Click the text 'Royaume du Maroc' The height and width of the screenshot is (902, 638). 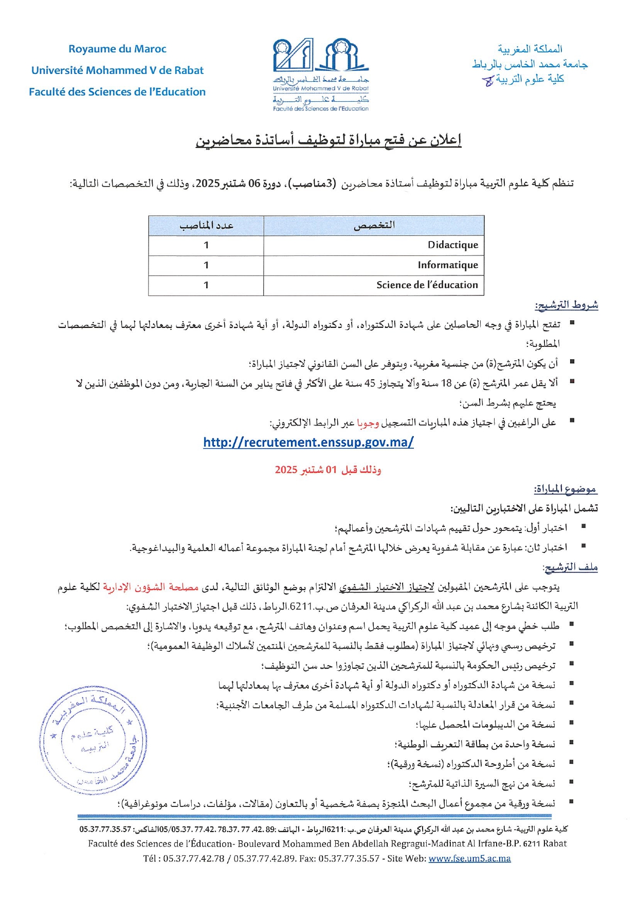[x=117, y=49]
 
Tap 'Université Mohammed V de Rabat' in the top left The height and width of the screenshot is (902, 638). [x=117, y=70]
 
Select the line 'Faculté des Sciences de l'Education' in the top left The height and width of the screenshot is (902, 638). [x=117, y=92]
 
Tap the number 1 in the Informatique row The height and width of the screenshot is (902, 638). [x=206, y=265]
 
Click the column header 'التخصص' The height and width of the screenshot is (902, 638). [x=374, y=226]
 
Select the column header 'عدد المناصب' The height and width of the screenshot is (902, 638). [x=206, y=226]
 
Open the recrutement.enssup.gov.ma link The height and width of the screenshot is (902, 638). [x=308, y=443]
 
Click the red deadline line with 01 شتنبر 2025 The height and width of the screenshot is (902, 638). [x=328, y=469]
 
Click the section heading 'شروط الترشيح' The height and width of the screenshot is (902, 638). [x=566, y=305]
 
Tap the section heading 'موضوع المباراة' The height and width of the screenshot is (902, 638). [x=566, y=489]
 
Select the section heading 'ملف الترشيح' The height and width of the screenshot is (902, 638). [x=570, y=567]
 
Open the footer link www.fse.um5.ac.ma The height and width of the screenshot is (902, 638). [x=469, y=858]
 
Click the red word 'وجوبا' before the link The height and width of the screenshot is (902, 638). [x=368, y=423]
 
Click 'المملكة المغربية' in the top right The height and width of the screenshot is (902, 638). [x=530, y=49]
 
